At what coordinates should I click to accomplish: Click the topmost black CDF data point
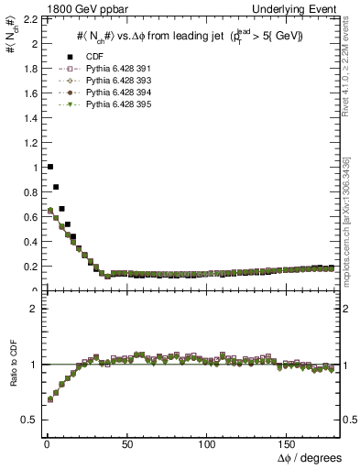tap(49, 167)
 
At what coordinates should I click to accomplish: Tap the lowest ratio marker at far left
tap(49, 399)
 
